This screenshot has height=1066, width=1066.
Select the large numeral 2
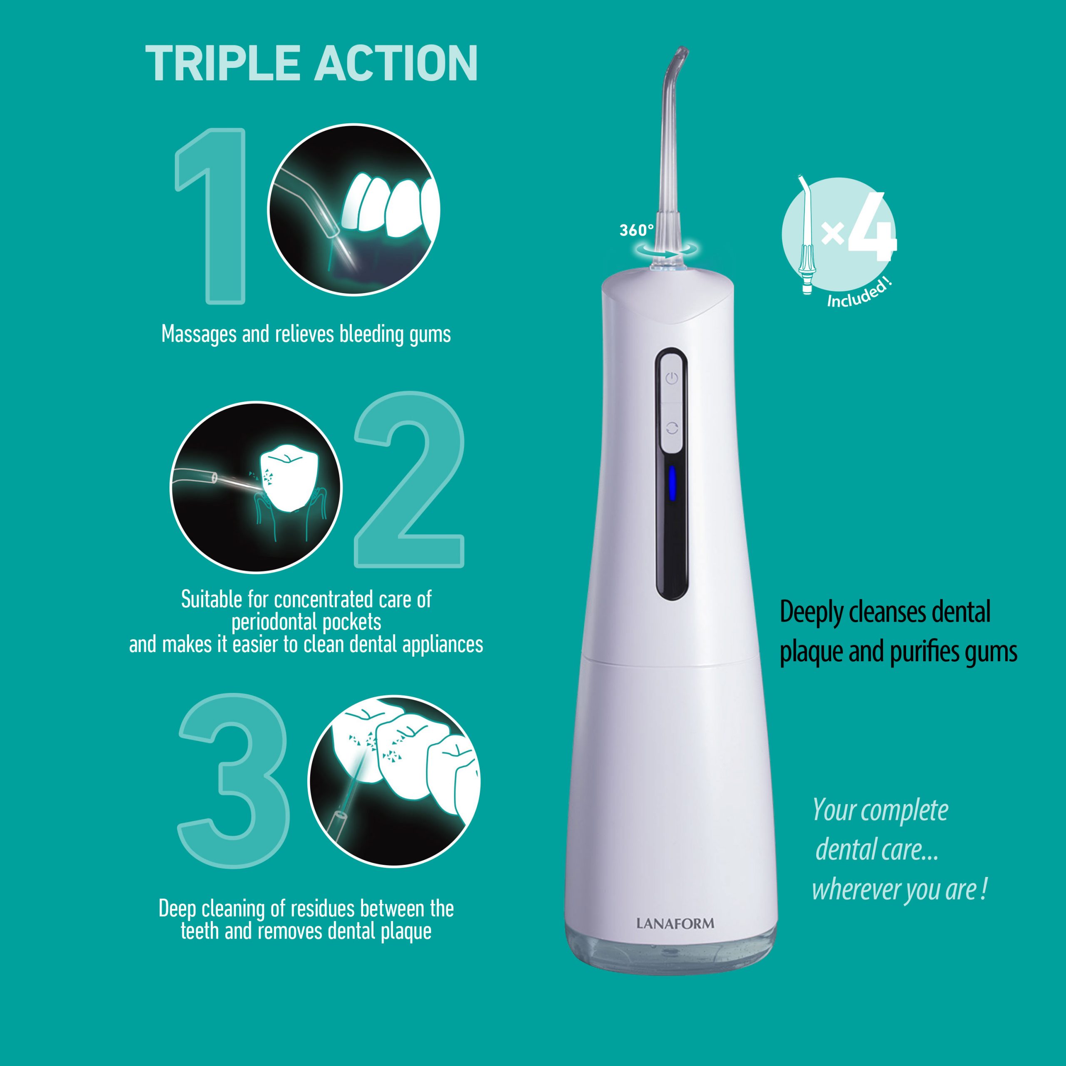coord(409,479)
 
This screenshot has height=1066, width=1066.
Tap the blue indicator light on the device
coord(672,482)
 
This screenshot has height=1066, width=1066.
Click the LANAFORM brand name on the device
coord(675,924)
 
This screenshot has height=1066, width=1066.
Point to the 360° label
coord(636,230)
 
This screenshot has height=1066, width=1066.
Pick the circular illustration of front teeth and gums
coord(354,209)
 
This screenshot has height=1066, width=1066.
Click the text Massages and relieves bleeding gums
coord(306,334)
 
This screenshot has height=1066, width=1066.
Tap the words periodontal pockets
coord(306,622)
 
